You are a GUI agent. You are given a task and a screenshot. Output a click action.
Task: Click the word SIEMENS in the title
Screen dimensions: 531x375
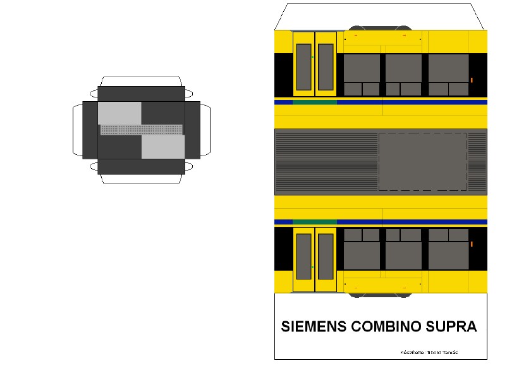click(x=314, y=326)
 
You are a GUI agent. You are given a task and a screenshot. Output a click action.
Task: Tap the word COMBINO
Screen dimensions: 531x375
click(x=386, y=326)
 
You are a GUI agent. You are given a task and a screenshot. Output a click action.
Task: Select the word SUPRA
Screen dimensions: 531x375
click(x=451, y=326)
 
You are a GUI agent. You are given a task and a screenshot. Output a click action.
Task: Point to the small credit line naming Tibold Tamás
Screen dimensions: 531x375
click(x=429, y=353)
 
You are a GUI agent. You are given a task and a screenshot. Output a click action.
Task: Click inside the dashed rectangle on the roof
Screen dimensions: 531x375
click(x=423, y=162)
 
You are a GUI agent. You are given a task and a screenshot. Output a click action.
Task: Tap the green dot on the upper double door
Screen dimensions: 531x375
click(x=312, y=58)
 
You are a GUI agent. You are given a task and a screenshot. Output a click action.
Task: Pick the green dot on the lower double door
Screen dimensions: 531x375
click(x=312, y=267)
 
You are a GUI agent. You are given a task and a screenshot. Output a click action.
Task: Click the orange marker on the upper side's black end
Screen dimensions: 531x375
click(x=472, y=80)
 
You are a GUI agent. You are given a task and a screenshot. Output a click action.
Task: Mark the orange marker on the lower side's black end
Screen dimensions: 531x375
click(x=472, y=244)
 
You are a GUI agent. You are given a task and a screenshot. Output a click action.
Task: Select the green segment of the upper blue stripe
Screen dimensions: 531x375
click(x=315, y=102)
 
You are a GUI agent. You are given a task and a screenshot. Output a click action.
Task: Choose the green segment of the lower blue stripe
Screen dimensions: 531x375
click(x=315, y=222)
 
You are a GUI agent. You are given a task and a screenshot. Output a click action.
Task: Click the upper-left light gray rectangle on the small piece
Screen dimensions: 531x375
click(x=119, y=113)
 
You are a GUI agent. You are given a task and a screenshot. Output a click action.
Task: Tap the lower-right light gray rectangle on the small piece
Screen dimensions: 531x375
click(x=163, y=147)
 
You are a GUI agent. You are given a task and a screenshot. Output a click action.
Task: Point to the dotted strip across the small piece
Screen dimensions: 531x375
click(x=142, y=130)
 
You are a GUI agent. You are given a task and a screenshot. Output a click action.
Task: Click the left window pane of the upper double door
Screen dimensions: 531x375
click(x=304, y=67)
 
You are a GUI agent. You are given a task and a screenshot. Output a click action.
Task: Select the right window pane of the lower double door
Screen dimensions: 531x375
click(x=326, y=257)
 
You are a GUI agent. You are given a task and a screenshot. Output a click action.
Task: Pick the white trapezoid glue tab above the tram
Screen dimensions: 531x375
click(x=381, y=17)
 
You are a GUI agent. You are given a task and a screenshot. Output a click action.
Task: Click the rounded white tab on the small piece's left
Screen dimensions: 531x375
click(x=78, y=130)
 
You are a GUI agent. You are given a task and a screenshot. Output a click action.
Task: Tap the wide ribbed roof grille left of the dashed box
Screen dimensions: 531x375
click(x=327, y=162)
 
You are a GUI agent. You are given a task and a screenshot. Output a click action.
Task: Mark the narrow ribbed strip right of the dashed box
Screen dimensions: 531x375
click(x=477, y=162)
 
